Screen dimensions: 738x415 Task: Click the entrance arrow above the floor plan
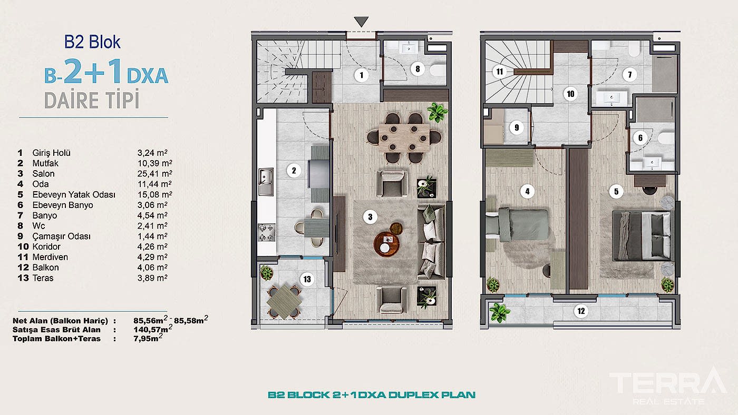tap(361, 22)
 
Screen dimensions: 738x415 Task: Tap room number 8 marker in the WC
tap(417, 69)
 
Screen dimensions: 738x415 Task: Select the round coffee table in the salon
tap(386, 244)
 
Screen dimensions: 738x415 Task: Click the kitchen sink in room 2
tap(266, 181)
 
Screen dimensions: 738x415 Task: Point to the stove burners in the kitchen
tap(266, 232)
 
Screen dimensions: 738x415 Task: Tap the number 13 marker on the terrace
tap(307, 280)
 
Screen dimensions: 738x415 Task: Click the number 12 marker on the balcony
tap(581, 311)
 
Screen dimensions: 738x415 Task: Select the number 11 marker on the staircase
tap(500, 72)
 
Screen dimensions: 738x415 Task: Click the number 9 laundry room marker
tap(517, 127)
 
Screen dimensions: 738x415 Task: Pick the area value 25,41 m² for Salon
tap(154, 173)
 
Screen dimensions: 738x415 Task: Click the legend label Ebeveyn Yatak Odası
tap(74, 194)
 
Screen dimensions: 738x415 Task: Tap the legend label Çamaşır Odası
tap(61, 236)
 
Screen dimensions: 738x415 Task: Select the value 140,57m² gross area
tap(153, 329)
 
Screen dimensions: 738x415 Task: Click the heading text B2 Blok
tap(92, 42)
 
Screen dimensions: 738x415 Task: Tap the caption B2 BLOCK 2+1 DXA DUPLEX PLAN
tap(371, 395)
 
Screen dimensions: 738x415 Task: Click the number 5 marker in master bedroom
tap(616, 192)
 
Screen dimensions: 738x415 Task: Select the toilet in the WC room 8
tap(438, 70)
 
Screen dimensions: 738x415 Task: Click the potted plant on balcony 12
tap(500, 312)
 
